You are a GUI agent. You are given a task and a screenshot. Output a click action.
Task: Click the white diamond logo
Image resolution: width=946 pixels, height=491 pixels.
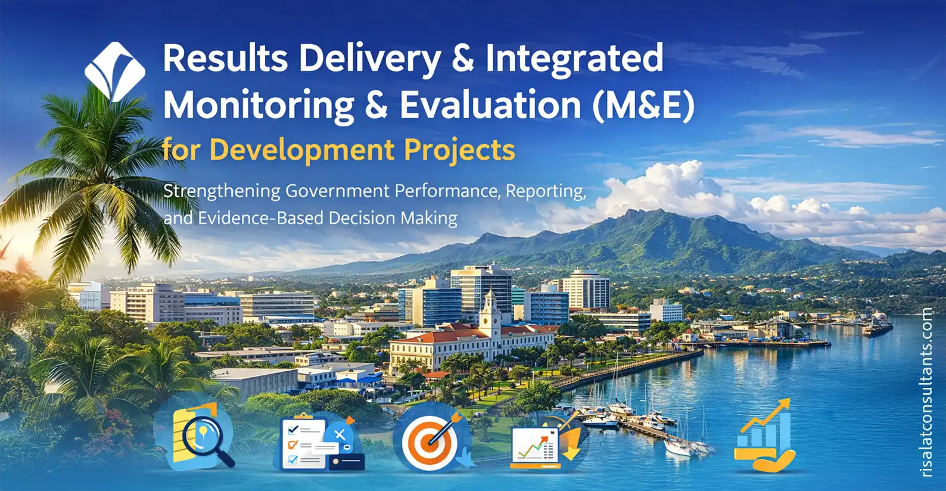click(x=115, y=71)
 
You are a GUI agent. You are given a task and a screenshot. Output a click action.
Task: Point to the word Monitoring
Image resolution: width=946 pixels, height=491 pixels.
click(x=259, y=107)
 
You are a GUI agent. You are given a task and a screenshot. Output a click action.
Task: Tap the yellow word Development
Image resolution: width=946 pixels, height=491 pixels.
click(x=302, y=150)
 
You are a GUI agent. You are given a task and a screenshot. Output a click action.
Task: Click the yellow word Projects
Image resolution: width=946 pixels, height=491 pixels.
click(x=459, y=150)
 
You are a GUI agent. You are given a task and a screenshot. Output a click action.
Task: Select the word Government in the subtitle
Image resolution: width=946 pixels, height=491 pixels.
click(x=337, y=191)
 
